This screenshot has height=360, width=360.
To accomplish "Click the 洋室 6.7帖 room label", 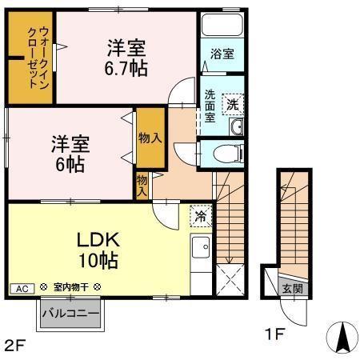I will coord(126,58).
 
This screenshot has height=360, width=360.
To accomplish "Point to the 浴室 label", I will coord(222,54).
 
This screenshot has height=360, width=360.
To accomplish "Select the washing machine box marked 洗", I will coord(231,102).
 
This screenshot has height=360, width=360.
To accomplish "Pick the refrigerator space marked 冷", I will coord(201,215).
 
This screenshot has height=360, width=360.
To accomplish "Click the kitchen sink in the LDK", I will coord(200,247).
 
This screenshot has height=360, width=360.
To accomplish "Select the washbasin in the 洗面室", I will coord(235,127).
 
